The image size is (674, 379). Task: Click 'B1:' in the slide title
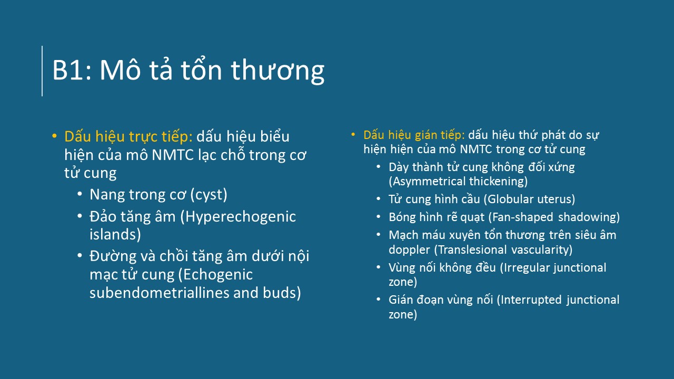point(72,71)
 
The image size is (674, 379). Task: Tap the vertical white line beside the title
point(42,71)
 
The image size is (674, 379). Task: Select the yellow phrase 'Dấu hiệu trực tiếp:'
point(128,136)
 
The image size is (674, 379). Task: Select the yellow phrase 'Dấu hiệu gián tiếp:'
point(414,135)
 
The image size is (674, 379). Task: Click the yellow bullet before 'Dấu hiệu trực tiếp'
point(54,136)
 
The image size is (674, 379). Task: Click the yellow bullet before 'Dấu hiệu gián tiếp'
point(353,134)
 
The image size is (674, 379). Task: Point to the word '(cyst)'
point(209,195)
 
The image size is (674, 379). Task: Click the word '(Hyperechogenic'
point(238,217)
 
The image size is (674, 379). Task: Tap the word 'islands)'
point(115,235)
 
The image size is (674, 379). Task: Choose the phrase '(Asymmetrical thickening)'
point(458,182)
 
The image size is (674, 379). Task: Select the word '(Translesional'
point(470,250)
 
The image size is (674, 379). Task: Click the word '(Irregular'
point(523,268)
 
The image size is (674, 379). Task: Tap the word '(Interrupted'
point(529,300)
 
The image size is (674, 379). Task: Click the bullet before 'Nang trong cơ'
point(80,194)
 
